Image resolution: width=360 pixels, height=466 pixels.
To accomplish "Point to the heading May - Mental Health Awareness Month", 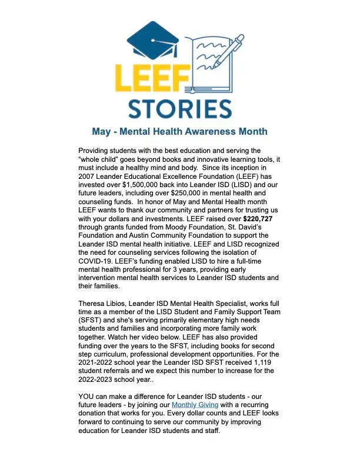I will point(179,132).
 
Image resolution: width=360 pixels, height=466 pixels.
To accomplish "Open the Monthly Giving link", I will point(195,405).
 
